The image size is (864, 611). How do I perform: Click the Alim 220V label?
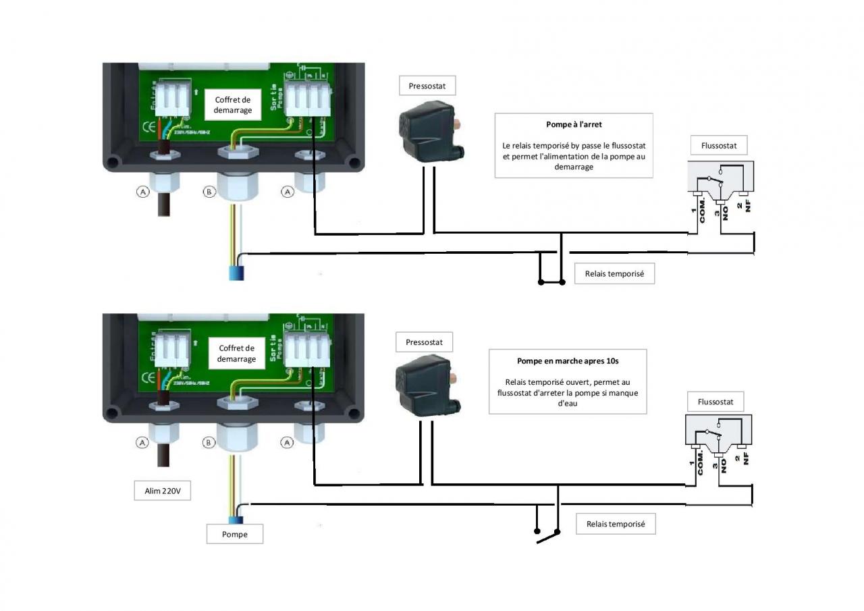[163, 491]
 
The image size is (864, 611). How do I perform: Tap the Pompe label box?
[235, 534]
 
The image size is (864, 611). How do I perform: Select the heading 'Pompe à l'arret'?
[574, 125]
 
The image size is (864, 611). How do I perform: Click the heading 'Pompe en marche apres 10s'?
[568, 361]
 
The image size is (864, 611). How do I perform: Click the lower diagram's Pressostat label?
[424, 342]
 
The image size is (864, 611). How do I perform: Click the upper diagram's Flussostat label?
[719, 145]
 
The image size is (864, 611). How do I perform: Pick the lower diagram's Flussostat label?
[715, 402]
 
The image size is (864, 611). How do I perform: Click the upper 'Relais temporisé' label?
[614, 274]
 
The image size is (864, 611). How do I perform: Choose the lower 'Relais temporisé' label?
[616, 524]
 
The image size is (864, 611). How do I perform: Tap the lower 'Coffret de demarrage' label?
[236, 354]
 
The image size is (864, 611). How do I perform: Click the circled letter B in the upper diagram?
[209, 192]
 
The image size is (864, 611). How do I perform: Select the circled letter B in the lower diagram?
[209, 443]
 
